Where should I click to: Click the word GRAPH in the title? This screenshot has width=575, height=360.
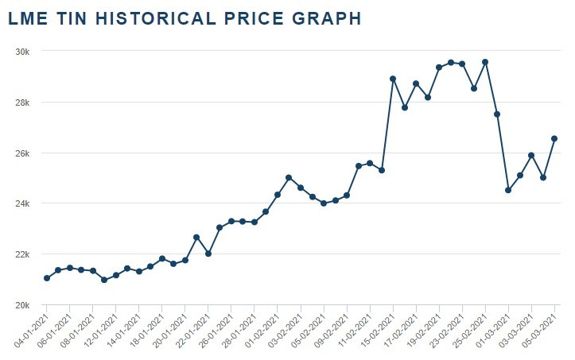pos(325,18)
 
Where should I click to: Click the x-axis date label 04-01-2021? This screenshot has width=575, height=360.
pos(29,330)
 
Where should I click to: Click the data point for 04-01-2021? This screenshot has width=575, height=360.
pos(47,278)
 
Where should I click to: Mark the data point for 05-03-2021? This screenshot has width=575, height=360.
pos(554,138)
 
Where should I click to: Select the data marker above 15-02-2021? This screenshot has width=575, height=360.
pos(393,79)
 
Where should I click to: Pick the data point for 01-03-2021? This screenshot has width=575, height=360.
pos(508,190)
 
